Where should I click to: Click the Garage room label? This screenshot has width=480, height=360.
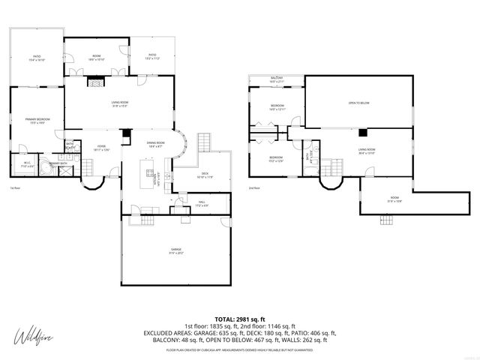175,250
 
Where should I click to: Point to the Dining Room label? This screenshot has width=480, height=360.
156,144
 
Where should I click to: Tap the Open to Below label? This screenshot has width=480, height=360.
358,103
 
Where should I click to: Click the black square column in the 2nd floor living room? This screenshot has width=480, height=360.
362,133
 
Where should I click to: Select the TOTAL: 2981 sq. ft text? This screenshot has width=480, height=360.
240,319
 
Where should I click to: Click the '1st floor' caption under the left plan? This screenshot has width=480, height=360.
14,187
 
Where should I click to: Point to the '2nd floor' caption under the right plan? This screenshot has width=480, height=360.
255,187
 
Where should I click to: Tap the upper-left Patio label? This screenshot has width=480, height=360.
36,58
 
